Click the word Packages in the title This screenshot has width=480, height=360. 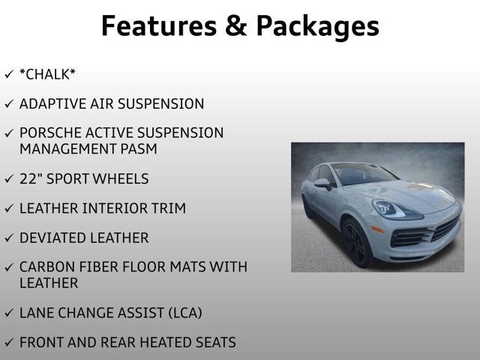317,27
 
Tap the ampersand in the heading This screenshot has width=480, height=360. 233,25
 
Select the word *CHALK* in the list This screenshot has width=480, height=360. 48,74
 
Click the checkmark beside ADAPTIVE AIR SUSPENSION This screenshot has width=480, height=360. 8,104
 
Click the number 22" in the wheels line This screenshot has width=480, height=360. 31,178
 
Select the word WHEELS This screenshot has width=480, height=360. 122,178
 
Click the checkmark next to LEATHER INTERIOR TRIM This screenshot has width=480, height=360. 8,208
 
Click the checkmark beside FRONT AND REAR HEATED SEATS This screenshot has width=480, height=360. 8,343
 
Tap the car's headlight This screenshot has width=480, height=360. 388,209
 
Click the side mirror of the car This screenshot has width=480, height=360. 322,183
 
